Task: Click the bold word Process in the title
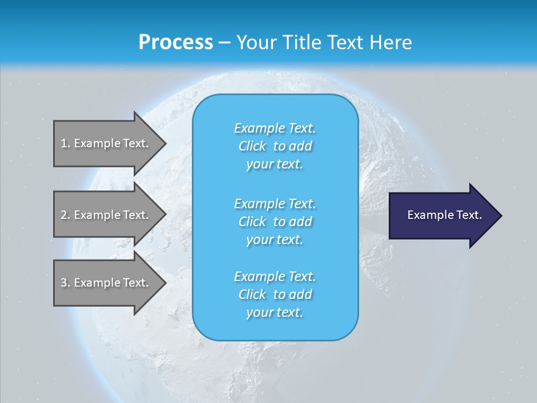pos(176,43)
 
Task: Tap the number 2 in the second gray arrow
pos(64,215)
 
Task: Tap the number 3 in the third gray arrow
pos(64,283)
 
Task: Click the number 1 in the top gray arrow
pos(64,143)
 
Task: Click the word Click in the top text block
pos(252,146)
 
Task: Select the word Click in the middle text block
pos(252,222)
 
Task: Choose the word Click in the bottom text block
pos(252,294)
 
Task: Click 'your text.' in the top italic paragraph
pos(275,165)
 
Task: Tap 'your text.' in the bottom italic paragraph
pos(275,313)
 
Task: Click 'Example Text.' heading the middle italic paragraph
pos(275,203)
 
